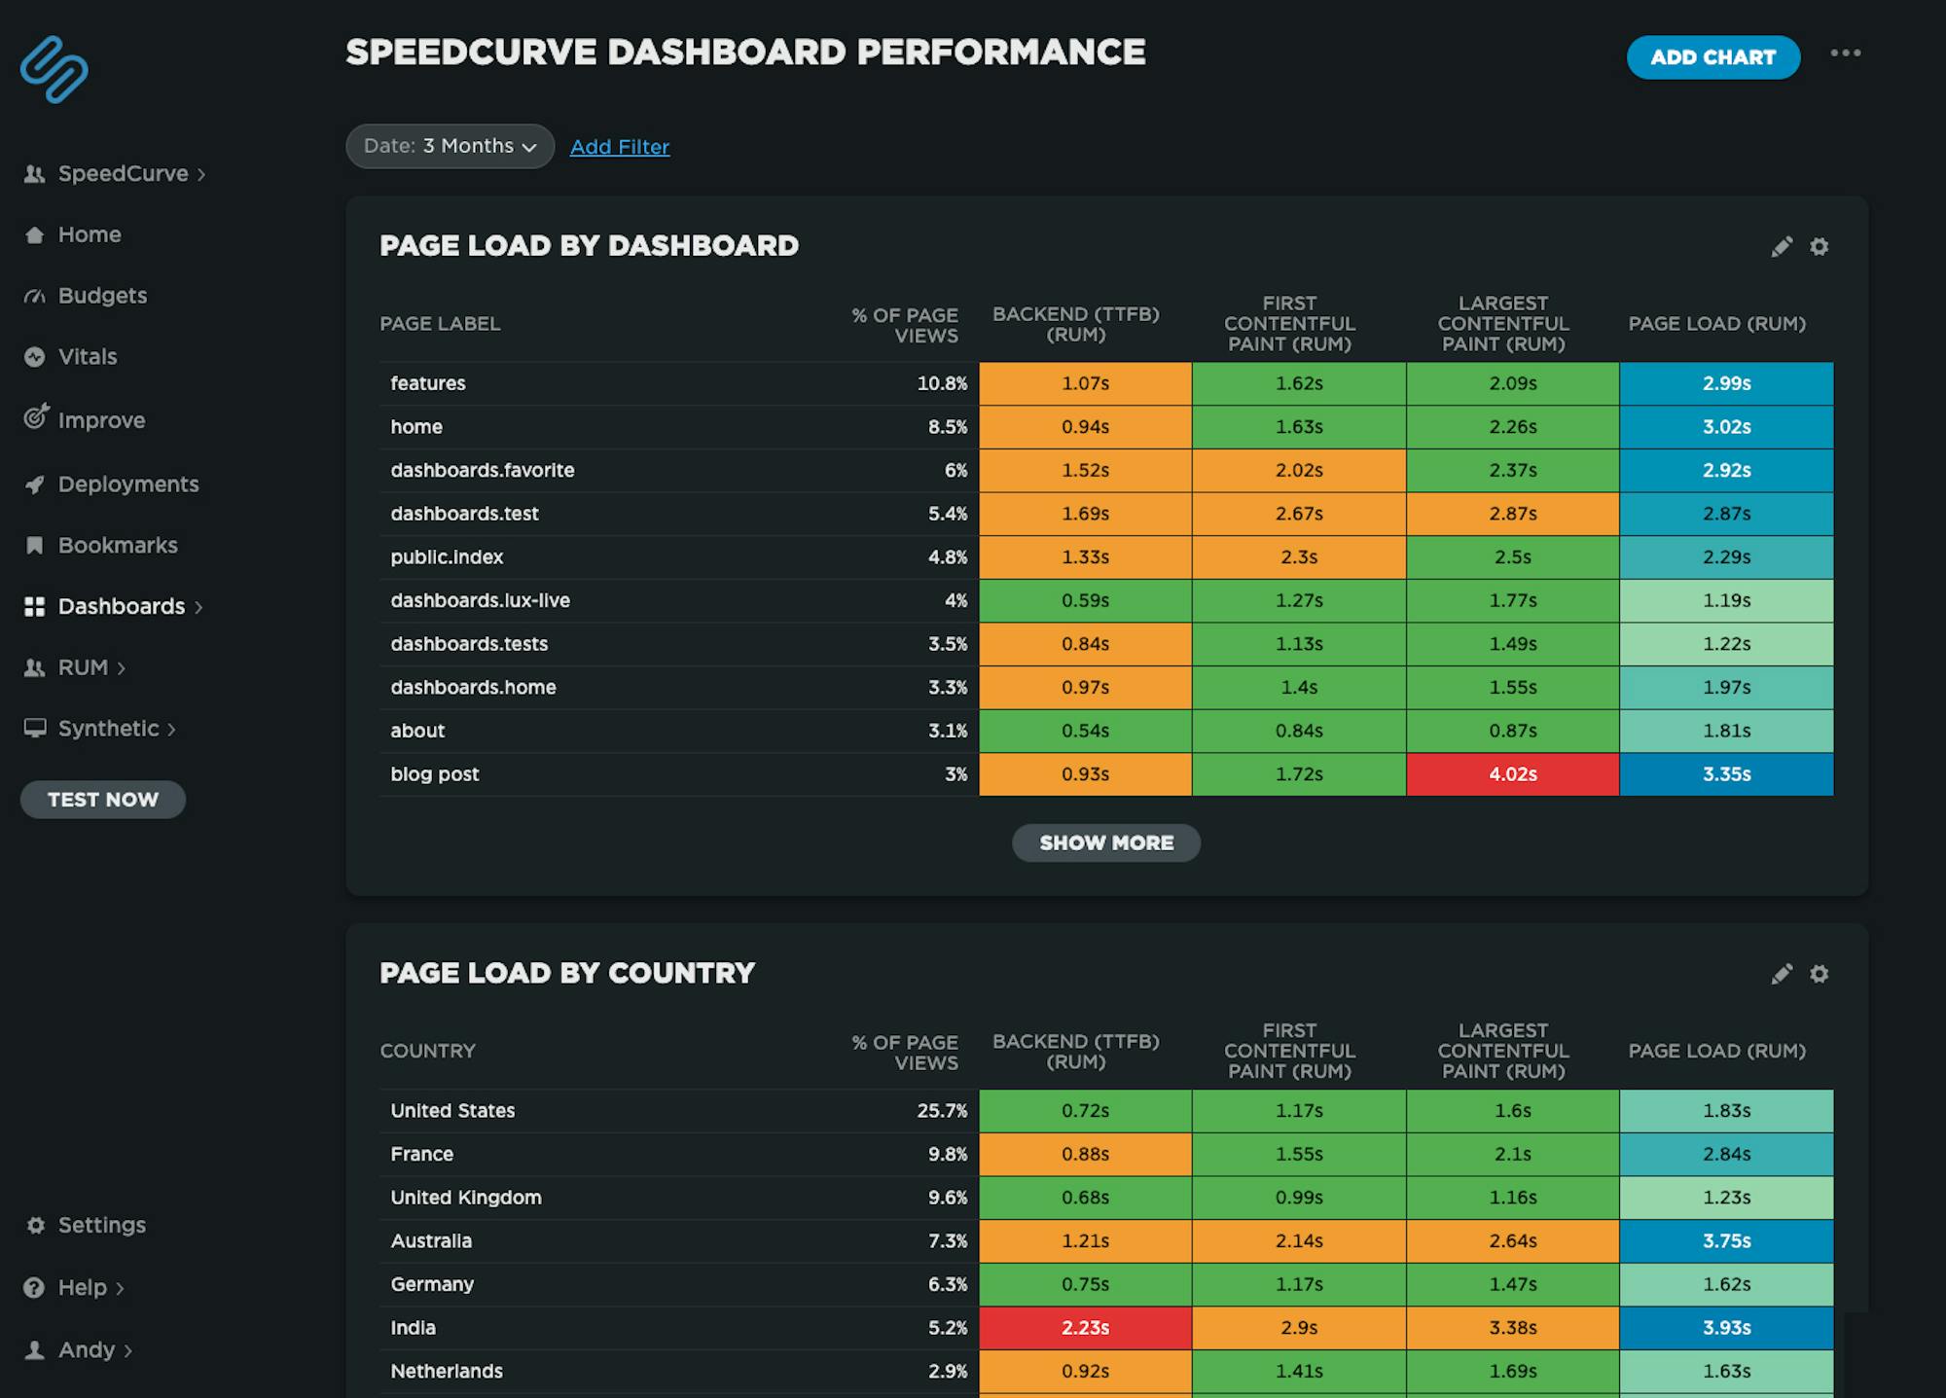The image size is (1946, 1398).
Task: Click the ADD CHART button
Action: coord(1712,57)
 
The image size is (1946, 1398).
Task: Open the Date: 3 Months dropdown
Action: coord(450,146)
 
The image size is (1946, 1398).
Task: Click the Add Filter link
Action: coord(619,147)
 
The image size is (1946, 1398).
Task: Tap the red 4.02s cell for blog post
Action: coord(1512,774)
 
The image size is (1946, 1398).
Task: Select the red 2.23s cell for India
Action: coord(1085,1328)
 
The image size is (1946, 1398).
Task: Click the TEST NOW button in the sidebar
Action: coord(102,800)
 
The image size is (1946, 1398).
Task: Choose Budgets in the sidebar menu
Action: coord(101,296)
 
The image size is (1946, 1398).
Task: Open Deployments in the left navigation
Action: coord(127,484)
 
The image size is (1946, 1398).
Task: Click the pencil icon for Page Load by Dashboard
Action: coord(1782,247)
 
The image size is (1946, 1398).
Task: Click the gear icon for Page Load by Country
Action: coord(1819,974)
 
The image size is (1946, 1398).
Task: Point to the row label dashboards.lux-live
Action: coord(480,601)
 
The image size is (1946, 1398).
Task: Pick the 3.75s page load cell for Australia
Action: coord(1726,1241)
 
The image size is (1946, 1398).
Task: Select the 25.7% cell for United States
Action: coord(941,1111)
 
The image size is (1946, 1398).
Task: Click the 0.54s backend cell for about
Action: coord(1085,731)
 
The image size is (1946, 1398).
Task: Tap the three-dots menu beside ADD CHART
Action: coord(1845,54)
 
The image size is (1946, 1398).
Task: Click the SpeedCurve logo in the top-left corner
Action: coord(54,69)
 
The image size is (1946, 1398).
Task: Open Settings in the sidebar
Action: coord(101,1226)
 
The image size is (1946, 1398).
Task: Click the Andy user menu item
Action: coord(86,1350)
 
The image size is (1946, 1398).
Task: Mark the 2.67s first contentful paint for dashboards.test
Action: coord(1298,514)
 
